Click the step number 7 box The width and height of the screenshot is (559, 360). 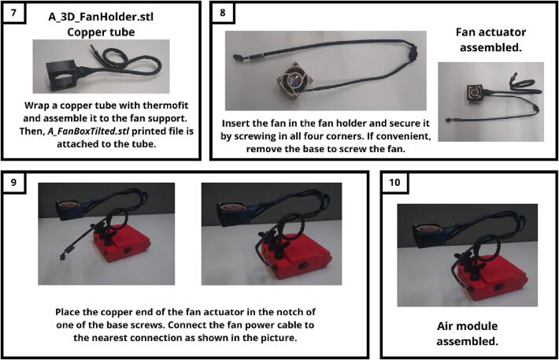13,13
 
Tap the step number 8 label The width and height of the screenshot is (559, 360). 223,13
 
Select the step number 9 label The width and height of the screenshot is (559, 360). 13,182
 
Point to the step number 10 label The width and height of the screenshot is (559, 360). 394,182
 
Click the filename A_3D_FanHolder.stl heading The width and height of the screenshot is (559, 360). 101,17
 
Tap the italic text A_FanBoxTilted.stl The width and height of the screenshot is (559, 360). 88,132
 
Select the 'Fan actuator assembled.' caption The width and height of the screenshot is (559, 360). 491,39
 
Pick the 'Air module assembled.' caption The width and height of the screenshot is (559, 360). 467,333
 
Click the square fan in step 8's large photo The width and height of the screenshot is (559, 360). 294,80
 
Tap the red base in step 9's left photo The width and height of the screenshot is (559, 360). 121,244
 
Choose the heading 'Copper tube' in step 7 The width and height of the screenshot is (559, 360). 101,32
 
